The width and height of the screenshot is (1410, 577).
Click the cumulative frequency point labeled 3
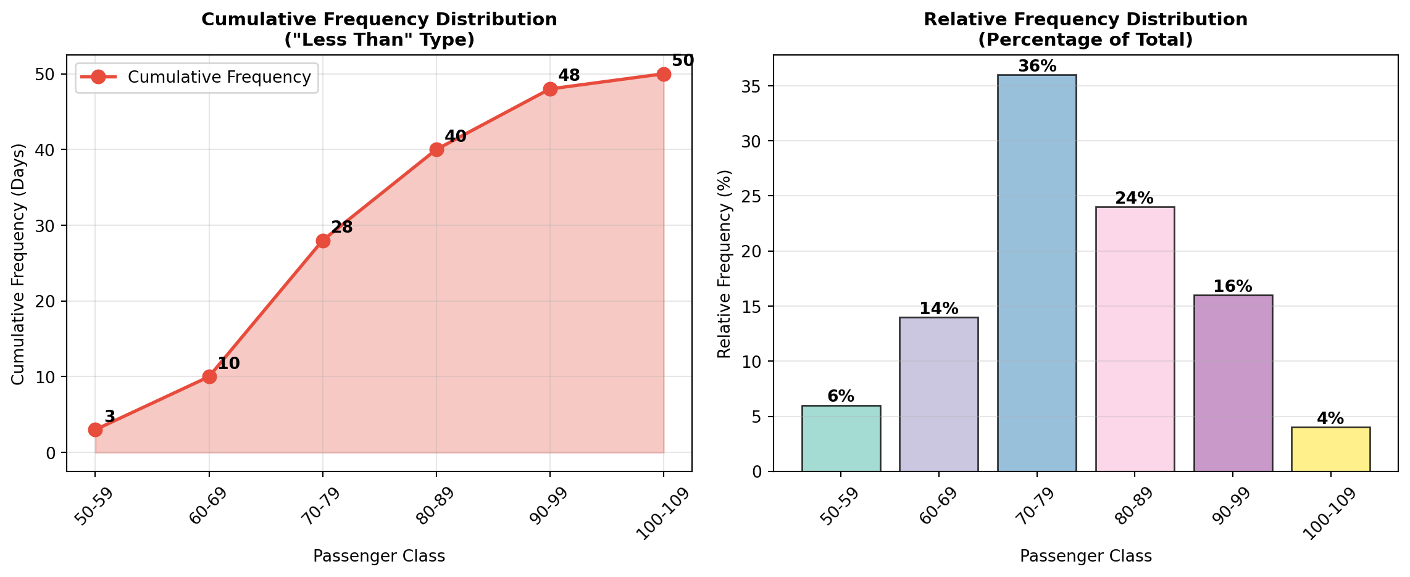click(95, 430)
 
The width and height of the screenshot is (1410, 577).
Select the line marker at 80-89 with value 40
click(436, 149)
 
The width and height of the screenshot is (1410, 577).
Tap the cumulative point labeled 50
click(664, 74)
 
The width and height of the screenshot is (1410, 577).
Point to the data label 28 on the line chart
click(341, 228)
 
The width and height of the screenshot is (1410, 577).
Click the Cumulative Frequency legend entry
click(219, 77)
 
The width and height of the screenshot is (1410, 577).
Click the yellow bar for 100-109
click(1330, 449)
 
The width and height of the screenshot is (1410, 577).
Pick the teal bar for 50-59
click(841, 438)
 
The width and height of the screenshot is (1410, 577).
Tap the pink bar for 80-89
click(1135, 339)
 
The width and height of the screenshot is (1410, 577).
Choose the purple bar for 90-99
click(1233, 383)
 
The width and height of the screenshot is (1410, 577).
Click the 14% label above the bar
click(938, 309)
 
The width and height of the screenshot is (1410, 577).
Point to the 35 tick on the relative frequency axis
click(757, 86)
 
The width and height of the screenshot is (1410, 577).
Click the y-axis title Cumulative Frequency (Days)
click(19, 264)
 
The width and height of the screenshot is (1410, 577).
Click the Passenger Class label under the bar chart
click(1085, 557)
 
